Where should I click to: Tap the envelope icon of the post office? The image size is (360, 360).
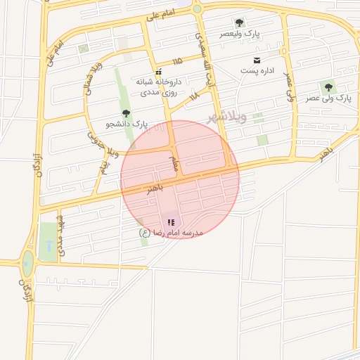click(x=256, y=59)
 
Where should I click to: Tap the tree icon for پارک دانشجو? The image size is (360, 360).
click(x=126, y=112)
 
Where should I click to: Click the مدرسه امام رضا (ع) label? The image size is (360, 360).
click(x=172, y=232)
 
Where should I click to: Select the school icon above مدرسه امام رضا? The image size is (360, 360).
click(x=171, y=221)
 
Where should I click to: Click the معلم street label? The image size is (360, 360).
click(x=174, y=163)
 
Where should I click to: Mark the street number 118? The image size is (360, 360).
click(x=194, y=95)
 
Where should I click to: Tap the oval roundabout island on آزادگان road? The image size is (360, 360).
click(x=27, y=264)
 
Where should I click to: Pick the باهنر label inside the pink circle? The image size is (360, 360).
click(x=155, y=189)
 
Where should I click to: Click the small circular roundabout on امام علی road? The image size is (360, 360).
click(x=197, y=9)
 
